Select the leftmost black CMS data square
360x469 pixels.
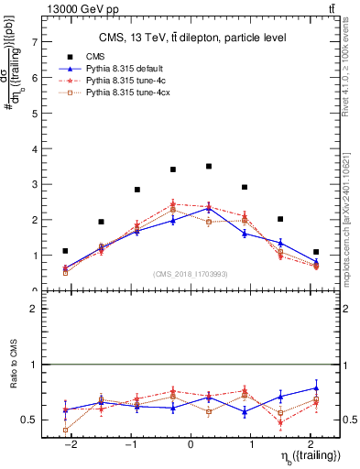point(65,251)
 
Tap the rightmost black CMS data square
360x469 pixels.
point(316,252)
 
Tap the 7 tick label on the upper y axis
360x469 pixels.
point(33,42)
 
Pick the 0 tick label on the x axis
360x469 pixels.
point(191,445)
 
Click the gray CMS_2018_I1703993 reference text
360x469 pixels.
point(191,273)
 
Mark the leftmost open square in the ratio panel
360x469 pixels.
point(65,430)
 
